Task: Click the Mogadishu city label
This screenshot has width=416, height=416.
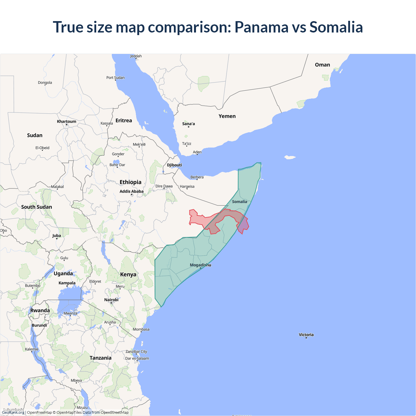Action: tap(200, 265)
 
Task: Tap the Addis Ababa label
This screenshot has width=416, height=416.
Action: tap(131, 191)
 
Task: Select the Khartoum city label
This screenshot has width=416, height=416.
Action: tap(67, 122)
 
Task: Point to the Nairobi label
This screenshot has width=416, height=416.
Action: tap(111, 300)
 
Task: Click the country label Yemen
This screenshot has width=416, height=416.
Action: tap(227, 116)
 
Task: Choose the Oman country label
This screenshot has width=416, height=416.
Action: tap(322, 65)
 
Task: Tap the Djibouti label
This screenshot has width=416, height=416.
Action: tap(175, 165)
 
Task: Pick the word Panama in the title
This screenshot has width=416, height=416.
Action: tap(261, 27)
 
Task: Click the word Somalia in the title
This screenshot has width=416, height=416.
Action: tap(336, 27)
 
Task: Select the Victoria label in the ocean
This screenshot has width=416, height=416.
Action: tap(306, 334)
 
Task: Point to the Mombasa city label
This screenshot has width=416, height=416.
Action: tap(141, 329)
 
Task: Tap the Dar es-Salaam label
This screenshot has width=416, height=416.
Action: tap(137, 358)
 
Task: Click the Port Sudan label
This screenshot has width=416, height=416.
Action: tap(115, 78)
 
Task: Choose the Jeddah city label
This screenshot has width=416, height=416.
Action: tap(136, 56)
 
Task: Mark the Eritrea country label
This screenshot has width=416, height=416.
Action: tap(124, 121)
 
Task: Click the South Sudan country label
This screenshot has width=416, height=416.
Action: tap(36, 207)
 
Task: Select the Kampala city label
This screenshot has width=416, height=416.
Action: tap(67, 283)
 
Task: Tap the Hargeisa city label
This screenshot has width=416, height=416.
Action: tap(187, 187)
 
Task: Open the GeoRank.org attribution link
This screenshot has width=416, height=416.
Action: tap(13, 412)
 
